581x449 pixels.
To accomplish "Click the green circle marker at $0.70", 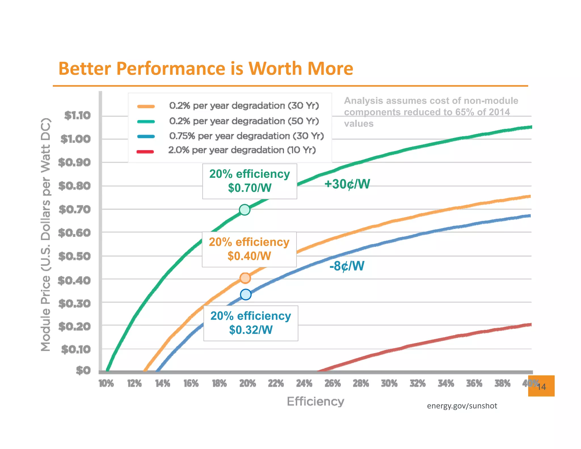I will pos(245,210).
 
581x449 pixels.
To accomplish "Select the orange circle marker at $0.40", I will pos(245,278).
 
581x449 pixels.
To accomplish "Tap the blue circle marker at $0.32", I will pos(246,295).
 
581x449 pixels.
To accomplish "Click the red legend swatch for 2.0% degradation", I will pos(145,152).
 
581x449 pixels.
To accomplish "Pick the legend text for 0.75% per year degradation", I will pos(246,136).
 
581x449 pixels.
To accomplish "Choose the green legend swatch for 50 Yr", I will pos(146,122).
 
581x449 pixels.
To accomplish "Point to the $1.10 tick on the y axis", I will pos(77,116).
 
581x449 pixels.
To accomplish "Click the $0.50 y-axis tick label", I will pos(74,256).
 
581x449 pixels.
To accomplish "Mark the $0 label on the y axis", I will pos(83,370).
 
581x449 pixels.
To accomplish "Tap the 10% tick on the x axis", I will pos(106,384).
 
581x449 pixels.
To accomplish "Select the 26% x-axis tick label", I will pos(332,384).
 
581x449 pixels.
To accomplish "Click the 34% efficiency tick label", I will pos(446,384).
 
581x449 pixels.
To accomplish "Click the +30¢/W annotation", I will pos(347,184).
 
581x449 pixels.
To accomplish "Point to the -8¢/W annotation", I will pos(347,266).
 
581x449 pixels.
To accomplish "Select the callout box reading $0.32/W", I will pos(251,323).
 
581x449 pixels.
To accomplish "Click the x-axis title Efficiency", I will pos(315,402).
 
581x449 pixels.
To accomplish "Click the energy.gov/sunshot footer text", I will pos(462,406).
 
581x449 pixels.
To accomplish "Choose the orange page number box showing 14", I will pos(541,386).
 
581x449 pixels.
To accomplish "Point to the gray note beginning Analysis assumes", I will pos(431,112).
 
